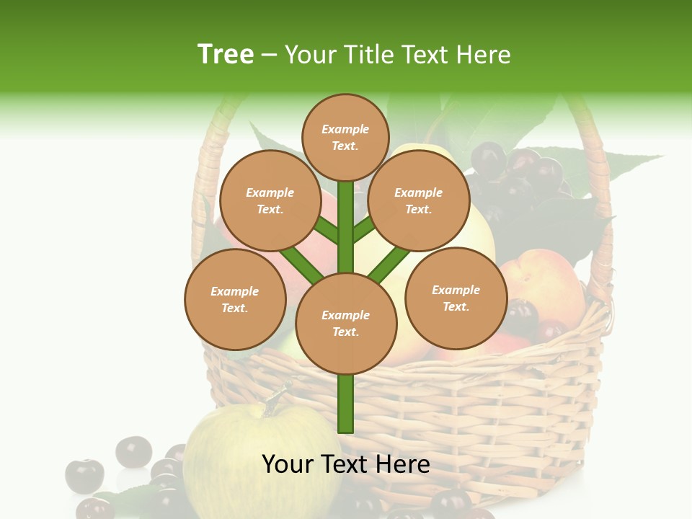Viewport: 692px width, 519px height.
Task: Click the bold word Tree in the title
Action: (x=226, y=55)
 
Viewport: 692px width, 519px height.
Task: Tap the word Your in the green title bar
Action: (x=311, y=55)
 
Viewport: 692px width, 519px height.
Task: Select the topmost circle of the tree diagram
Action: (x=345, y=137)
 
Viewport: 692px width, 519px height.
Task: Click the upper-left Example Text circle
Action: (x=270, y=200)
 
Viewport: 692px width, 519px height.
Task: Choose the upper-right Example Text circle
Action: (x=419, y=200)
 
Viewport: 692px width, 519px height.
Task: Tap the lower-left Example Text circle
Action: (x=235, y=299)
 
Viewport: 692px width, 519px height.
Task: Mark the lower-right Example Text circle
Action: (x=456, y=298)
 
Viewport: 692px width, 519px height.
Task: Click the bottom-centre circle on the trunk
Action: (x=346, y=323)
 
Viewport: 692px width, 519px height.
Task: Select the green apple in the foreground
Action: (x=238, y=461)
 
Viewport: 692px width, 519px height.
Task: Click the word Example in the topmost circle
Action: (x=345, y=129)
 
